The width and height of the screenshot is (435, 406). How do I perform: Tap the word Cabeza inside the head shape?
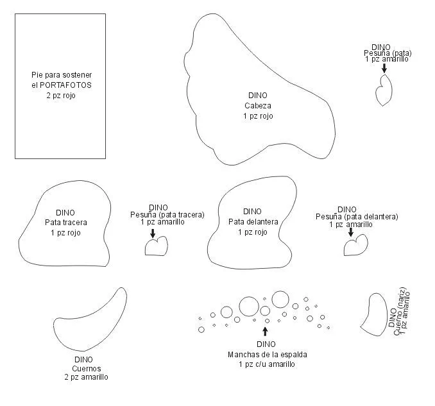pyautogui.click(x=258, y=106)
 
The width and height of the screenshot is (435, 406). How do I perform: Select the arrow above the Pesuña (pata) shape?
pyautogui.click(x=384, y=68)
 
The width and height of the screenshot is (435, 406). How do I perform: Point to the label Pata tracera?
pyautogui.click(x=66, y=223)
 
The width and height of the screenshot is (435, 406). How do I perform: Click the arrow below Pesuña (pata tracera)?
pyautogui.click(x=153, y=233)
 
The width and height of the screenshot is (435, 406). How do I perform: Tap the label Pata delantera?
pyautogui.click(x=253, y=222)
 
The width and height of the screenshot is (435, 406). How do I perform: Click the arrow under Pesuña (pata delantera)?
pyautogui.click(x=351, y=232)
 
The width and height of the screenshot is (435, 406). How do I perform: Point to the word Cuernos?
pyautogui.click(x=87, y=369)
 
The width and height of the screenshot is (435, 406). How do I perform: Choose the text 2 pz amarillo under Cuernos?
pyautogui.click(x=86, y=377)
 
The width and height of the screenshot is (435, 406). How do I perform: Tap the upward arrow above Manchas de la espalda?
pyautogui.click(x=265, y=332)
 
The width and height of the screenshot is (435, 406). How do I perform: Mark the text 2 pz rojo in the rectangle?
pyautogui.click(x=61, y=96)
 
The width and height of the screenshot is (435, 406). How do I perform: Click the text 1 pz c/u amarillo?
pyautogui.click(x=267, y=364)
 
